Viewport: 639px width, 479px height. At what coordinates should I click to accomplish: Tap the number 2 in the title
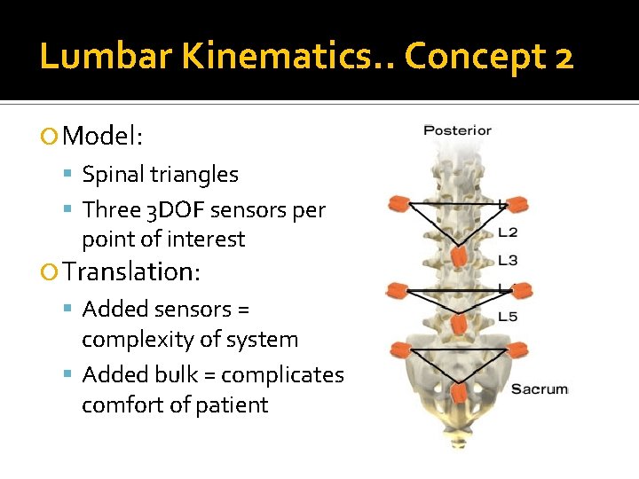(x=563, y=58)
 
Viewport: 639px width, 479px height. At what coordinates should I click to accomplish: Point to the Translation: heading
(x=132, y=271)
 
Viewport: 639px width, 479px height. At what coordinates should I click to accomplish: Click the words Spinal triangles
(x=160, y=175)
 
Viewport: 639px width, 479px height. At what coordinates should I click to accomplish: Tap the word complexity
(x=190, y=339)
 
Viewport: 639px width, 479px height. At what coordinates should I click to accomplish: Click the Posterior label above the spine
(x=457, y=130)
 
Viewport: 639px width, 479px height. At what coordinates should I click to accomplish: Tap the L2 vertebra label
(x=508, y=232)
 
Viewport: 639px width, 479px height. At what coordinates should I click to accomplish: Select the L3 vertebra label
(x=508, y=260)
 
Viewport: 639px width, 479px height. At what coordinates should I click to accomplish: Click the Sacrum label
(x=539, y=389)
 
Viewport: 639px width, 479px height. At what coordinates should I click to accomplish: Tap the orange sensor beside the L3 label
(x=458, y=258)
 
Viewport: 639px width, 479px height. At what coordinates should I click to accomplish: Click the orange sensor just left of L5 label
(x=458, y=324)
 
